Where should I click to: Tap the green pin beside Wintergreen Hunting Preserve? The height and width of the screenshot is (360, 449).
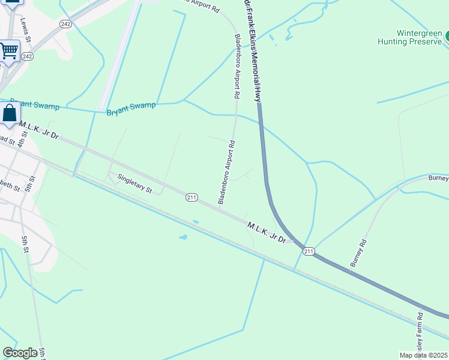point(446,37)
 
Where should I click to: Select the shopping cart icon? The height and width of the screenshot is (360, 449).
point(9,51)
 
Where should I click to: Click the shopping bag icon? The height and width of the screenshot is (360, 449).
point(10,113)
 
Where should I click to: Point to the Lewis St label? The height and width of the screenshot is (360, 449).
point(25,26)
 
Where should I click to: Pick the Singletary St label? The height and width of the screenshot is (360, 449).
point(134,183)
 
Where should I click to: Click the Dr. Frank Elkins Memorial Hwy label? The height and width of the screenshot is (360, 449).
point(253,51)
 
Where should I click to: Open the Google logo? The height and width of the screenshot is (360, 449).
point(20,353)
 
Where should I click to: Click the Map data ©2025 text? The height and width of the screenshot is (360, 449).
point(423,355)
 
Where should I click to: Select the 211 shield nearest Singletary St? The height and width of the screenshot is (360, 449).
point(191,197)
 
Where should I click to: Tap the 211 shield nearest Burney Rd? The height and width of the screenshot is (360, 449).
point(308,251)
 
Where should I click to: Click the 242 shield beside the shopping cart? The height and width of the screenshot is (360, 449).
point(27,56)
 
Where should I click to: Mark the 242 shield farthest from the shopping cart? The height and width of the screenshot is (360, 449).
point(65,24)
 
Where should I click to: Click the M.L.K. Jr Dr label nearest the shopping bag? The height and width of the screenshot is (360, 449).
point(38,130)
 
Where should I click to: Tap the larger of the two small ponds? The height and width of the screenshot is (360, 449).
point(182,237)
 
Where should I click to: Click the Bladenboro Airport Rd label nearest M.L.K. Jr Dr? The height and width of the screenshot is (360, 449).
point(226,173)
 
